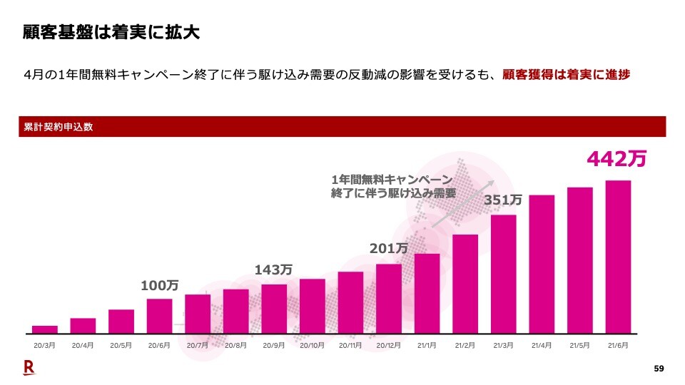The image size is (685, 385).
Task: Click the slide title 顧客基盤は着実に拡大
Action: pos(110,33)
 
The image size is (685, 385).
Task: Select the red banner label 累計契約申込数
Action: pos(59,127)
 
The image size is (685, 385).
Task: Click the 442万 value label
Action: pos(616,158)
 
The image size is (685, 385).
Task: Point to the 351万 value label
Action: pos(503,201)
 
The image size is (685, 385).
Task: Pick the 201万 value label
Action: pos(388,249)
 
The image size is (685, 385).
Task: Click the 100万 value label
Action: pos(159,286)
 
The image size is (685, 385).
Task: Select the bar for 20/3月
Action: pos(45,329)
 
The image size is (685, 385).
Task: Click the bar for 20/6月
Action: pos(159,316)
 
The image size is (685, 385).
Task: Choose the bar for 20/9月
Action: pos(274,309)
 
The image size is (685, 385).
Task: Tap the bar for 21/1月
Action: pos(427,293)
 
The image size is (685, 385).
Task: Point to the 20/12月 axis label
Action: pos(388,345)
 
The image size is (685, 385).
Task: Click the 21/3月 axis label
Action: pos(503,345)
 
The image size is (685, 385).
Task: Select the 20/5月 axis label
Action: pos(121,345)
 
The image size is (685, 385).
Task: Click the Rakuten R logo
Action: pos(29,368)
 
